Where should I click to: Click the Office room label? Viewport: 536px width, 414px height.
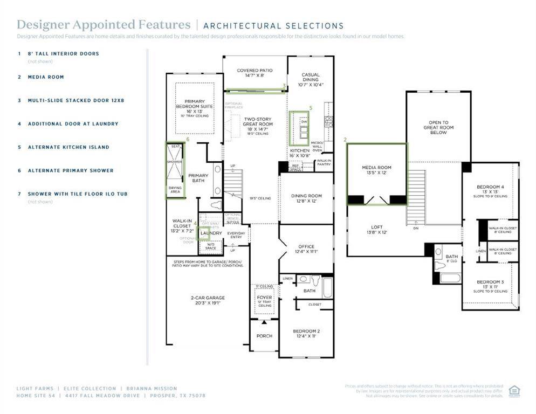[x=306, y=249]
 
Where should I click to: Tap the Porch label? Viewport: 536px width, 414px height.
[x=264, y=336]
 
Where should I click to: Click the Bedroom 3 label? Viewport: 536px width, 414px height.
[x=490, y=285]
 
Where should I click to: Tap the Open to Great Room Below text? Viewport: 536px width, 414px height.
[x=438, y=127]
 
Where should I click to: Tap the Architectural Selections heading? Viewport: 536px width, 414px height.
[x=273, y=25]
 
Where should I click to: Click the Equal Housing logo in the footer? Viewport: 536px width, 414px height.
[x=514, y=390]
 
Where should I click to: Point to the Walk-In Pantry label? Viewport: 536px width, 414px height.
[x=324, y=162]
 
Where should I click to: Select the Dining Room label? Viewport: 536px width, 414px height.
[x=306, y=198]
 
